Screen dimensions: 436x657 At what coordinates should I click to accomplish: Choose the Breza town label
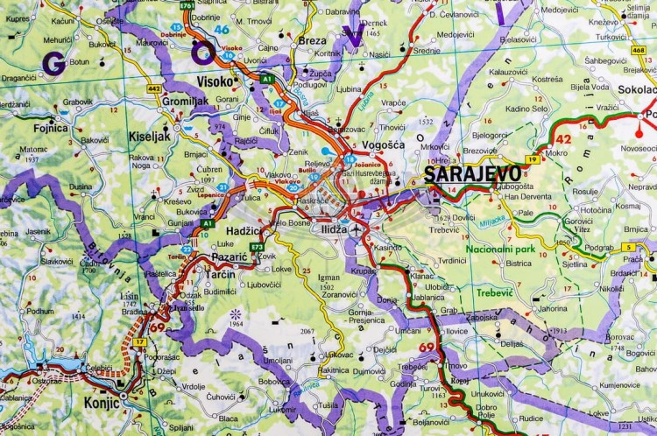[312, 40]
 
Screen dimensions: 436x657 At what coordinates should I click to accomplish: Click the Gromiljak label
[187, 102]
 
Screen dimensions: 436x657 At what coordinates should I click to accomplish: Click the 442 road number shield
[155, 88]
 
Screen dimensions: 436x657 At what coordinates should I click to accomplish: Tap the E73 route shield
[258, 248]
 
